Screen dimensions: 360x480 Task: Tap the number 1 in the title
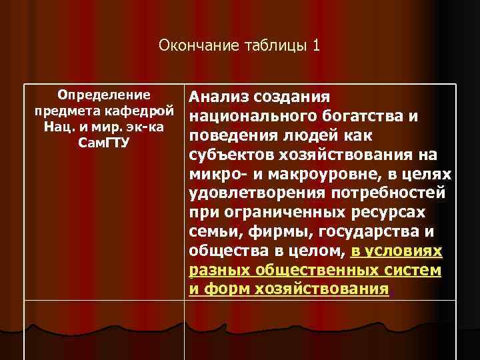click(x=316, y=45)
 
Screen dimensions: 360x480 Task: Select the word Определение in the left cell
click(x=103, y=94)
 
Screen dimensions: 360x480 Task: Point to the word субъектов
click(x=231, y=155)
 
